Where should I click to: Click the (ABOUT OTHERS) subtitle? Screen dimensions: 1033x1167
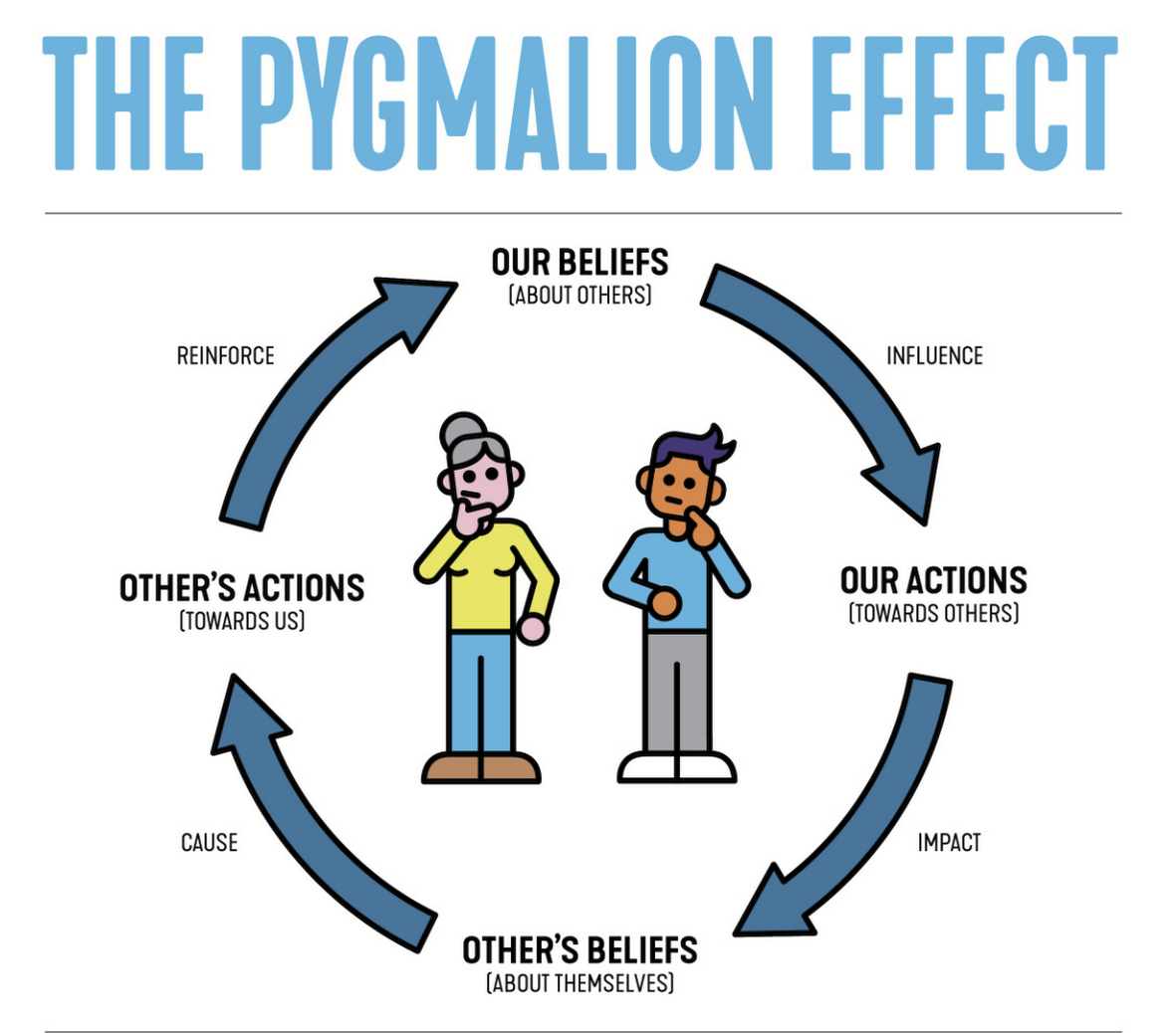pos(580,296)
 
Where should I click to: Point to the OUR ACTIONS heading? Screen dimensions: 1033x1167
pos(933,580)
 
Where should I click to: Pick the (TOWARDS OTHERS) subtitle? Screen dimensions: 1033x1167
pos(933,613)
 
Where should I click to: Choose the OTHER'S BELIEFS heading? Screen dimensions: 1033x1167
pos(580,950)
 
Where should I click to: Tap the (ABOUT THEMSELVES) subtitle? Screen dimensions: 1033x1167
pos(580,984)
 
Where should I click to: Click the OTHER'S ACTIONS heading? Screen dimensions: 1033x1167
pos(242,588)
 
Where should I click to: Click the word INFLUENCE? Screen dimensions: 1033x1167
pos(934,355)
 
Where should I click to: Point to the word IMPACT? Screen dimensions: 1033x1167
pos(948,843)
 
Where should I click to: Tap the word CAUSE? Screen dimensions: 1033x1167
pos(209,843)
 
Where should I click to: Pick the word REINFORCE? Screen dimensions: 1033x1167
pos(225,355)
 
